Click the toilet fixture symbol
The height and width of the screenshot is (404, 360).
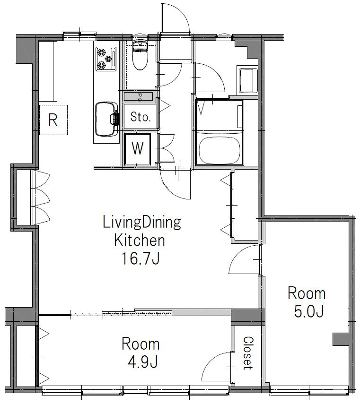[140, 55]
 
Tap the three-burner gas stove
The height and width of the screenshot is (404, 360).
[106, 59]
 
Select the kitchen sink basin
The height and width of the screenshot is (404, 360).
[106, 119]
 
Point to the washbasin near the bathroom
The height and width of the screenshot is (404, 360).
[247, 80]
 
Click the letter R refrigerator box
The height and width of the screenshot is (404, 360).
[53, 120]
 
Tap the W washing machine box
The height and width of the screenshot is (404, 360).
[138, 149]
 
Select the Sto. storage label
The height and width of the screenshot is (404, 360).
[140, 117]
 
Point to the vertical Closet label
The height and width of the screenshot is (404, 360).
[248, 353]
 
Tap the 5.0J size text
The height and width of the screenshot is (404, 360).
[308, 312]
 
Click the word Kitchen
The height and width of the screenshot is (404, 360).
[140, 241]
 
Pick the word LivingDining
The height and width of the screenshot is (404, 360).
[142, 223]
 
